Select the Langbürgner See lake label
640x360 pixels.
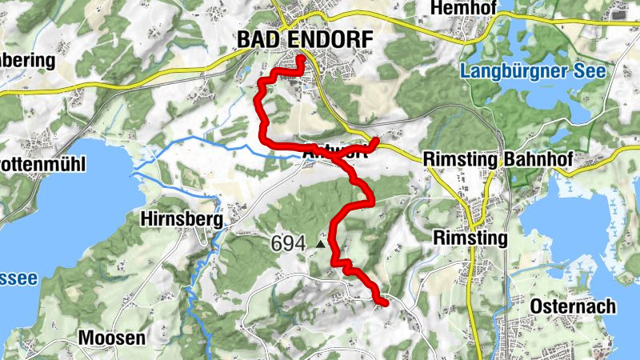click(x=533, y=71)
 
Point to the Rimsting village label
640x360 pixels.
click(x=470, y=238)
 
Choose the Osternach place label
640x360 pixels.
click(x=572, y=306)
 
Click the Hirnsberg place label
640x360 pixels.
click(x=180, y=217)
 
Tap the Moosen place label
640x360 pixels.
click(x=112, y=338)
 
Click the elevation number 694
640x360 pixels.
click(x=287, y=242)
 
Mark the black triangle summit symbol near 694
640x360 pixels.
click(x=322, y=243)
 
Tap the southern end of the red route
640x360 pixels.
click(x=385, y=303)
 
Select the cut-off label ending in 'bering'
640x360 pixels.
click(x=26, y=60)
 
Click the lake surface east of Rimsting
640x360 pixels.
click(x=576, y=240)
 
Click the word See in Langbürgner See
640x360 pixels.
click(x=589, y=71)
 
